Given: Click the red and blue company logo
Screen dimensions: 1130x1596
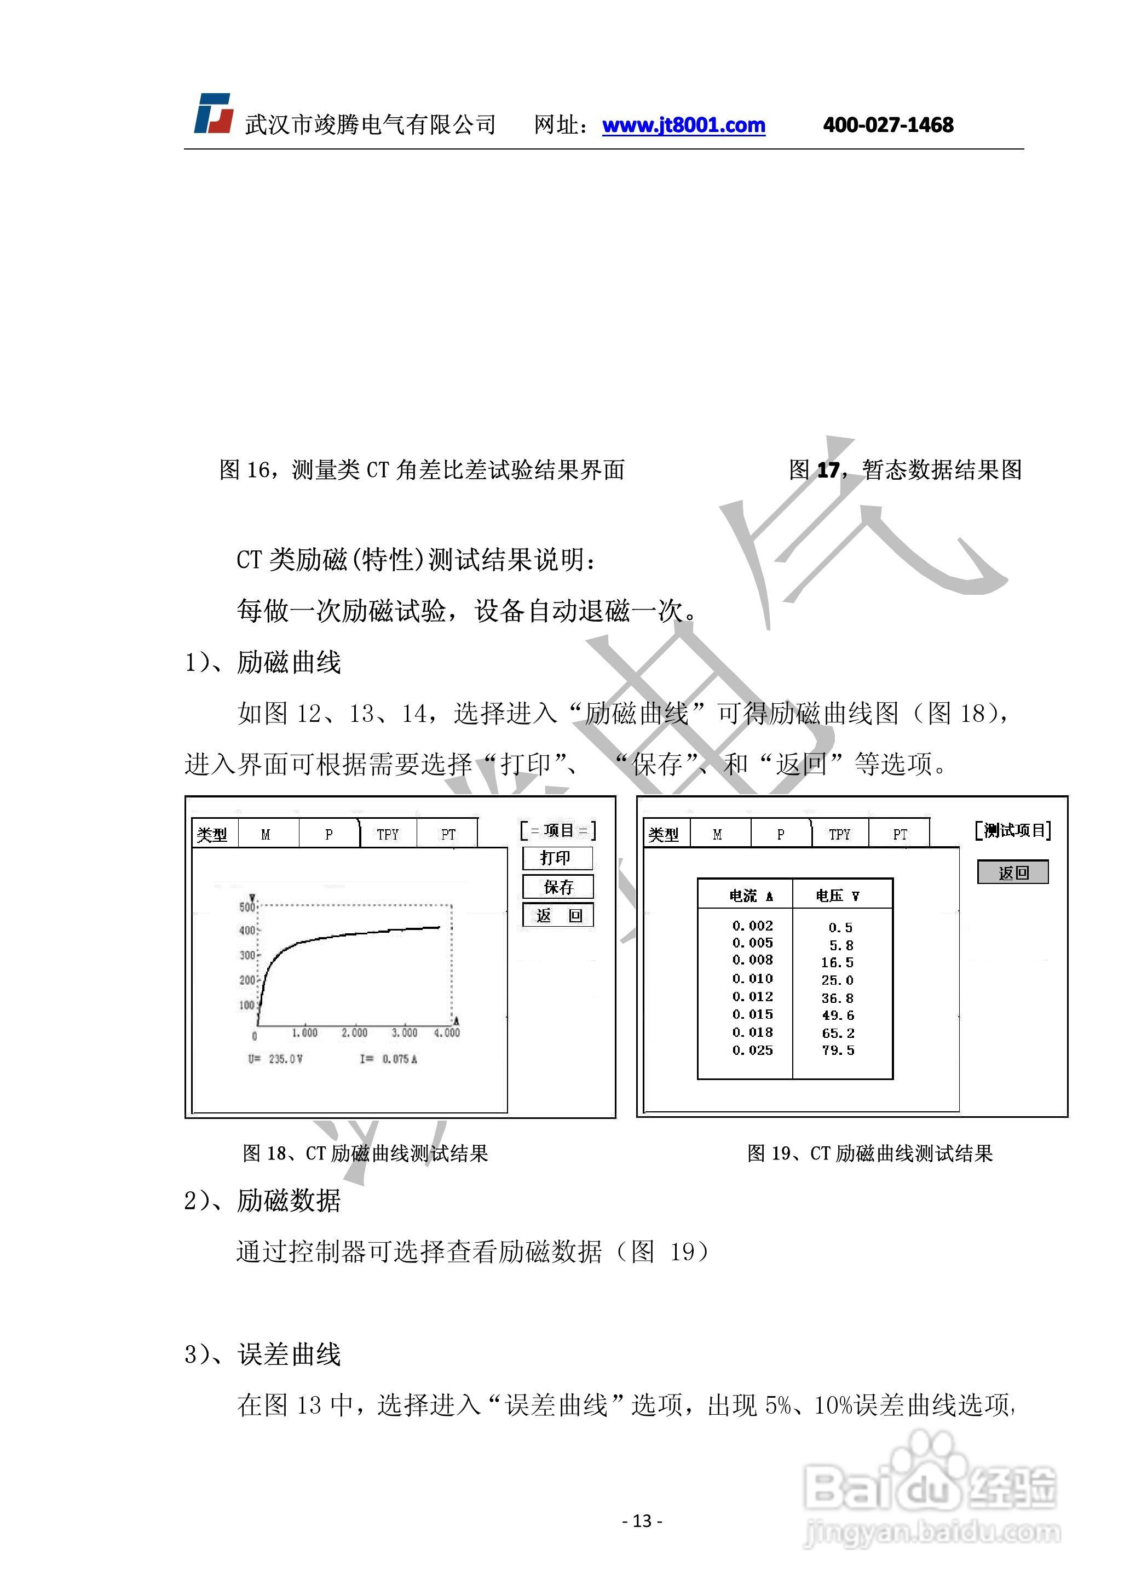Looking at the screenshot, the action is click(213, 113).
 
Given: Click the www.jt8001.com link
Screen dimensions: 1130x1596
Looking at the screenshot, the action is click(683, 125).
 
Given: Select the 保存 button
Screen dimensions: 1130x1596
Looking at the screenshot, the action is click(558, 887).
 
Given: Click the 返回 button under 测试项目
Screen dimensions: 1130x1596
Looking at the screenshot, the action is click(1012, 872).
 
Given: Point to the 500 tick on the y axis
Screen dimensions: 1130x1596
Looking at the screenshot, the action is click(247, 907).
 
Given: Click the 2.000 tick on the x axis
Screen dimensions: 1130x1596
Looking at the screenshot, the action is click(354, 1033).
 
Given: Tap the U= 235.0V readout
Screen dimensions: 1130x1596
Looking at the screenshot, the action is click(275, 1059).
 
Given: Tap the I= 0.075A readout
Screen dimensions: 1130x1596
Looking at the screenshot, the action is click(388, 1059).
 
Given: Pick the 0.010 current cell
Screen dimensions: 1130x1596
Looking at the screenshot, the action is click(752, 979).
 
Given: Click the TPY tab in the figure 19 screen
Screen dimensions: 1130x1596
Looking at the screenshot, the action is click(840, 834).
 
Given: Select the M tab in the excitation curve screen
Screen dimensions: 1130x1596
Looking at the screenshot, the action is click(266, 834).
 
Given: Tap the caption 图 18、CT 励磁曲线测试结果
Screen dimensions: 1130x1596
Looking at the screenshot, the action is click(365, 1153).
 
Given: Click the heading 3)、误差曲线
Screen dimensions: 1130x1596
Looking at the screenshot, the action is click(262, 1354).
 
